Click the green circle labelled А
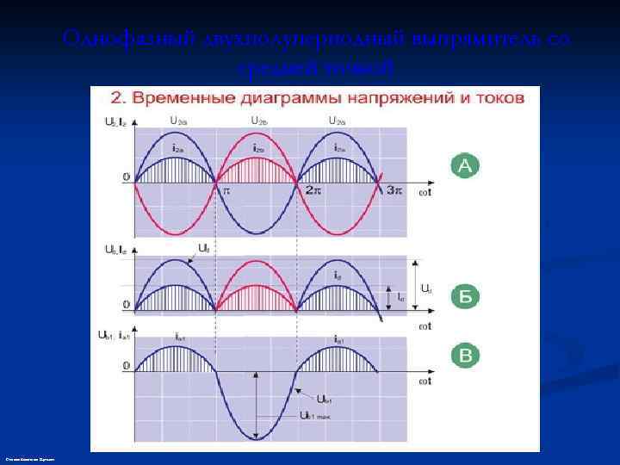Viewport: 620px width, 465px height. pos(464,166)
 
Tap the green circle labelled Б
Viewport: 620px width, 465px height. pos(464,298)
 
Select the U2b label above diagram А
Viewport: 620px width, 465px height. pos(260,121)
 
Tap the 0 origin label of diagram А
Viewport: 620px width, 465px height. pos(126,179)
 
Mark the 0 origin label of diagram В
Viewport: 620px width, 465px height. pos(126,366)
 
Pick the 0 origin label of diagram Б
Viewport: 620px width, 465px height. pos(126,305)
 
